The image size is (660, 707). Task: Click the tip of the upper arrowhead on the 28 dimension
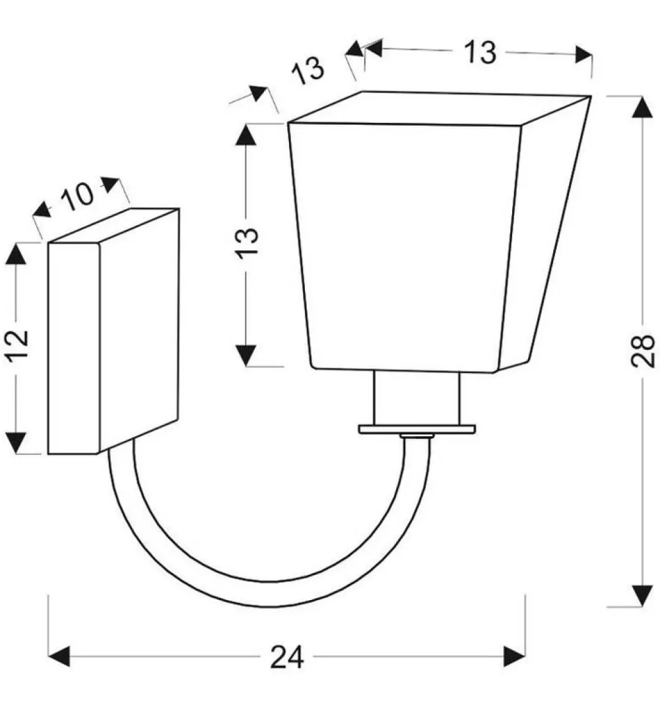coord(642,97)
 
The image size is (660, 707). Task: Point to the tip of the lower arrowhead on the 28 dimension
coord(642,607)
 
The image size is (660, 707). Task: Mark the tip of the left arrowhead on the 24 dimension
coord(48,656)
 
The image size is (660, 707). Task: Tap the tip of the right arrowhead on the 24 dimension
coord(525,656)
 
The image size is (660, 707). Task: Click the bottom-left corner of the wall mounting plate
coord(48,454)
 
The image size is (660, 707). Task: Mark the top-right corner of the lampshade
coord(591,96)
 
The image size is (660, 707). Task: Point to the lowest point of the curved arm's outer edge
coord(268,607)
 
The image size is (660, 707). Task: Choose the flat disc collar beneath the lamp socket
coord(417,429)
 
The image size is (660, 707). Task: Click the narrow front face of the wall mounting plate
coord(73,348)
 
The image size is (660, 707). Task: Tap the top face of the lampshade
coord(440,108)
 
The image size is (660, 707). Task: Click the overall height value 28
coord(643,351)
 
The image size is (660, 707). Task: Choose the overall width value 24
coord(287,657)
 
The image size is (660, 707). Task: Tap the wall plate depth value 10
coord(77,197)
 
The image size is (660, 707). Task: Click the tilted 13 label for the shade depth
coord(308,71)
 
